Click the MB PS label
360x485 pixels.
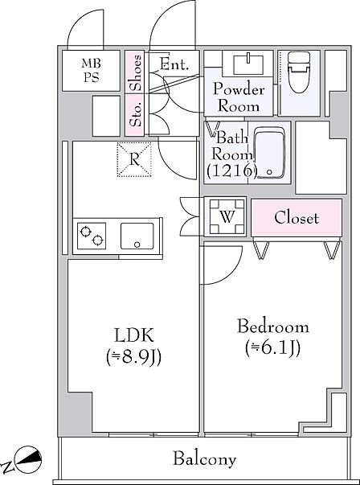(91, 71)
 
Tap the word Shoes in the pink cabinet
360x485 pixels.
(136, 73)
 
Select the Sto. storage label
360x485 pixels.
(136, 114)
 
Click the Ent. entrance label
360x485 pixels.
(174, 64)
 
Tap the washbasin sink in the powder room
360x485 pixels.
(248, 64)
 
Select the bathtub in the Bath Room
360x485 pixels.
(270, 153)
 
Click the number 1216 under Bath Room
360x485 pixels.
(231, 171)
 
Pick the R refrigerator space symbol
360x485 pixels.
(134, 159)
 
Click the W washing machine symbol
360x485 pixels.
(227, 216)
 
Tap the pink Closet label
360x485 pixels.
(297, 218)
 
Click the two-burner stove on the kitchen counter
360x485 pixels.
(92, 236)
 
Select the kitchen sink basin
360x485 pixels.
(137, 236)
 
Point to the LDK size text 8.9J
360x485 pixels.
(133, 358)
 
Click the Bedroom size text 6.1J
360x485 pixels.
(273, 348)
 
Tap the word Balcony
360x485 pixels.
(205, 459)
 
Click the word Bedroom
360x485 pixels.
(273, 327)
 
